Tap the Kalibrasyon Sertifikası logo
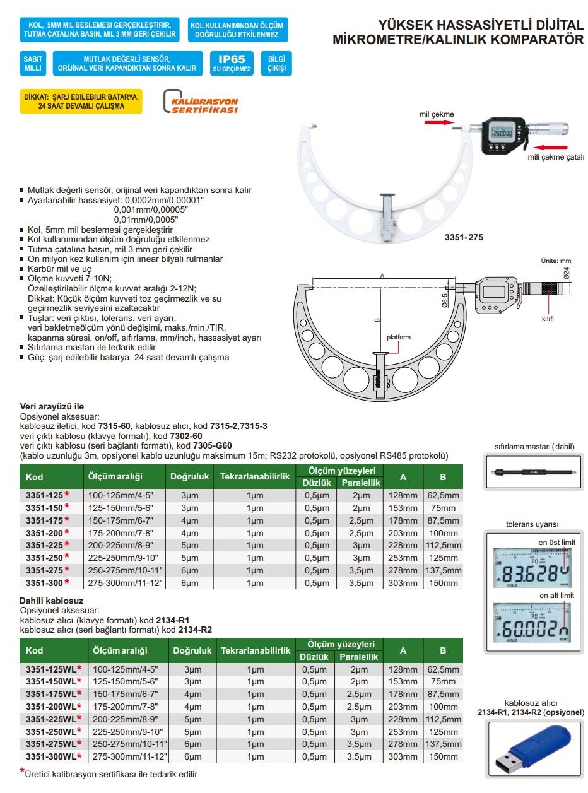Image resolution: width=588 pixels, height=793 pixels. tap(201, 102)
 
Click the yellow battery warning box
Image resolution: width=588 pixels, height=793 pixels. tap(81, 102)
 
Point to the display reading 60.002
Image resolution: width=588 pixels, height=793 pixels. tap(534, 628)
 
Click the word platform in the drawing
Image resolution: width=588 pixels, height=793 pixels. tap(398, 338)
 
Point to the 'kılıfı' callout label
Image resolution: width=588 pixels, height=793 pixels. tap(547, 319)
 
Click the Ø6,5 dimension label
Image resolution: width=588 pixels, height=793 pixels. tap(445, 298)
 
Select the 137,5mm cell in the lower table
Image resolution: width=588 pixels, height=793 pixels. tap(442, 744)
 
